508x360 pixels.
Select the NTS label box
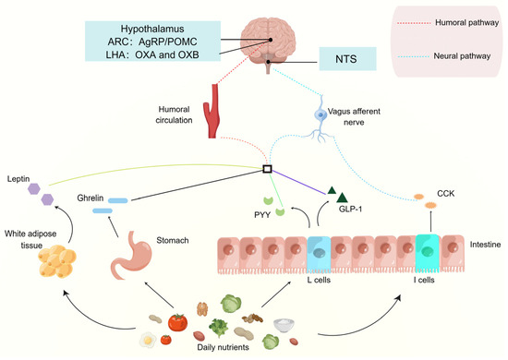pyautogui.click(x=352, y=62)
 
